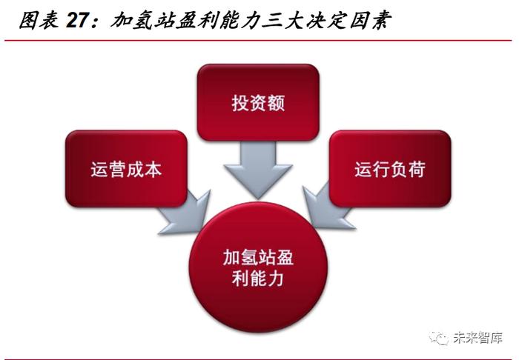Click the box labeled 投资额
point(258,102)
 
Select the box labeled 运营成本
point(126,169)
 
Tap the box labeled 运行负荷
point(390,169)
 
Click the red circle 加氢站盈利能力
point(258,267)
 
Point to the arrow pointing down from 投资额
point(258,170)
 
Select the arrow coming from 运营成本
point(185,213)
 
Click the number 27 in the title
point(78,21)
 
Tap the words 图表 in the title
point(39,21)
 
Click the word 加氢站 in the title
point(142,21)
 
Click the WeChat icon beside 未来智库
point(439,338)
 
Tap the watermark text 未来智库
point(477,338)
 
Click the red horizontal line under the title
point(258,41)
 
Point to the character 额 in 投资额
point(277,103)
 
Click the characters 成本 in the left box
point(144,169)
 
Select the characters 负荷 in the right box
point(408,169)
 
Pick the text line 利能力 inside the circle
point(258,279)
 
